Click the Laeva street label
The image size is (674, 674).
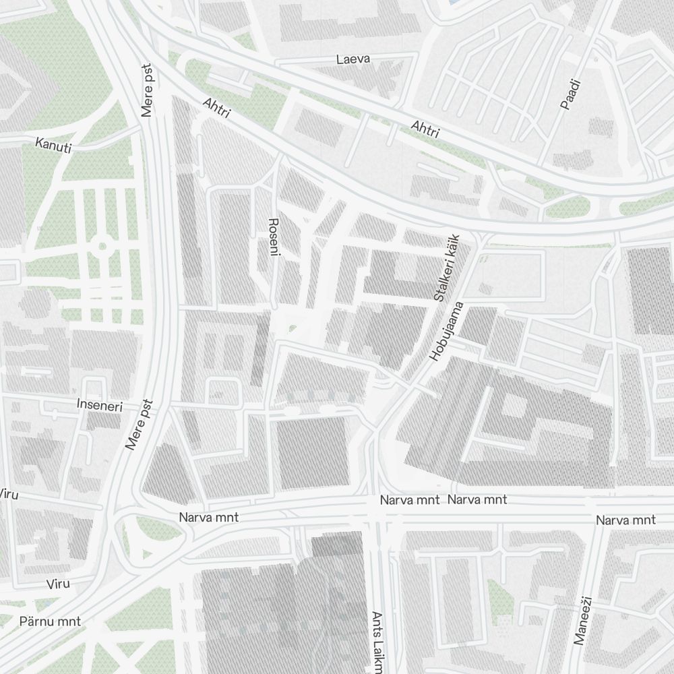(353, 59)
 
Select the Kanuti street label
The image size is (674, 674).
(53, 145)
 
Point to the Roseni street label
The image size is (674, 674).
(274, 237)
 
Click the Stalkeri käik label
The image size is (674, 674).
(447, 268)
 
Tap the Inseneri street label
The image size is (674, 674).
(100, 405)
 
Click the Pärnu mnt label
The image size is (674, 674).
(51, 621)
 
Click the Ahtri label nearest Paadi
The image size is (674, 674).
(425, 128)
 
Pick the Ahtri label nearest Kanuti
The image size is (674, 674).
(216, 108)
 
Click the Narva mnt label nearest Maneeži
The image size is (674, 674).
(625, 520)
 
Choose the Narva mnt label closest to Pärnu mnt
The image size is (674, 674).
(208, 518)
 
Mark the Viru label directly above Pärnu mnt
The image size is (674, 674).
(58, 584)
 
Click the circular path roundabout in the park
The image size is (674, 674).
(102, 246)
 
